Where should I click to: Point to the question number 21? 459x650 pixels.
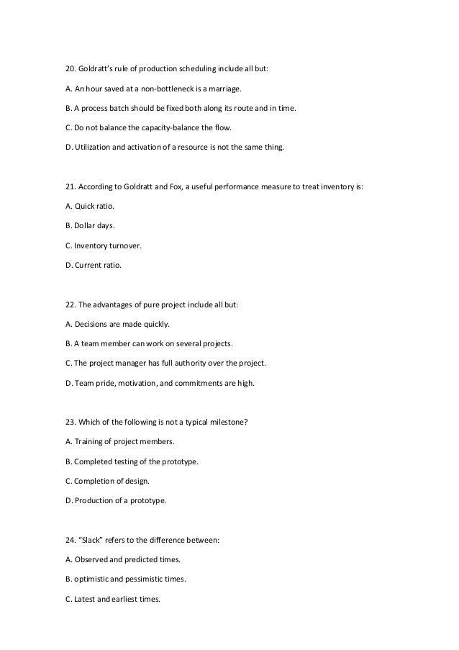click(70, 187)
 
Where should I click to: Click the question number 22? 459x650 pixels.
click(70, 304)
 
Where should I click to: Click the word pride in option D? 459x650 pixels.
click(105, 382)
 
